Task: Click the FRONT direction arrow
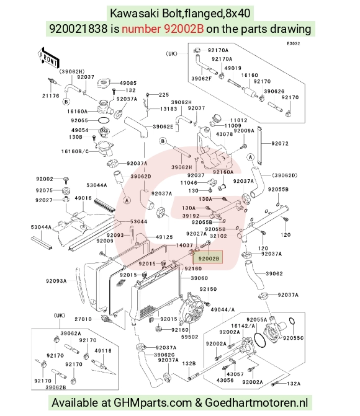click(48, 58)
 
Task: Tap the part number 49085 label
click(128, 83)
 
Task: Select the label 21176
click(51, 95)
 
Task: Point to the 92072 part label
click(280, 144)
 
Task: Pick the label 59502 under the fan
click(190, 337)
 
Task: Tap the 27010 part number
click(83, 319)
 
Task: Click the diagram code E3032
click(294, 43)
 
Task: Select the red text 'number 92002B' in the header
click(163, 29)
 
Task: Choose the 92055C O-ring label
click(293, 338)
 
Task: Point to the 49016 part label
click(83, 198)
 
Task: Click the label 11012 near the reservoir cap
click(238, 120)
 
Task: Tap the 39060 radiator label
click(199, 278)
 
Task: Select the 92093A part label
click(56, 281)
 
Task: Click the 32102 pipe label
click(218, 236)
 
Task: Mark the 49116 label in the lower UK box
click(103, 351)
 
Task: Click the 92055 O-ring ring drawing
click(104, 120)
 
